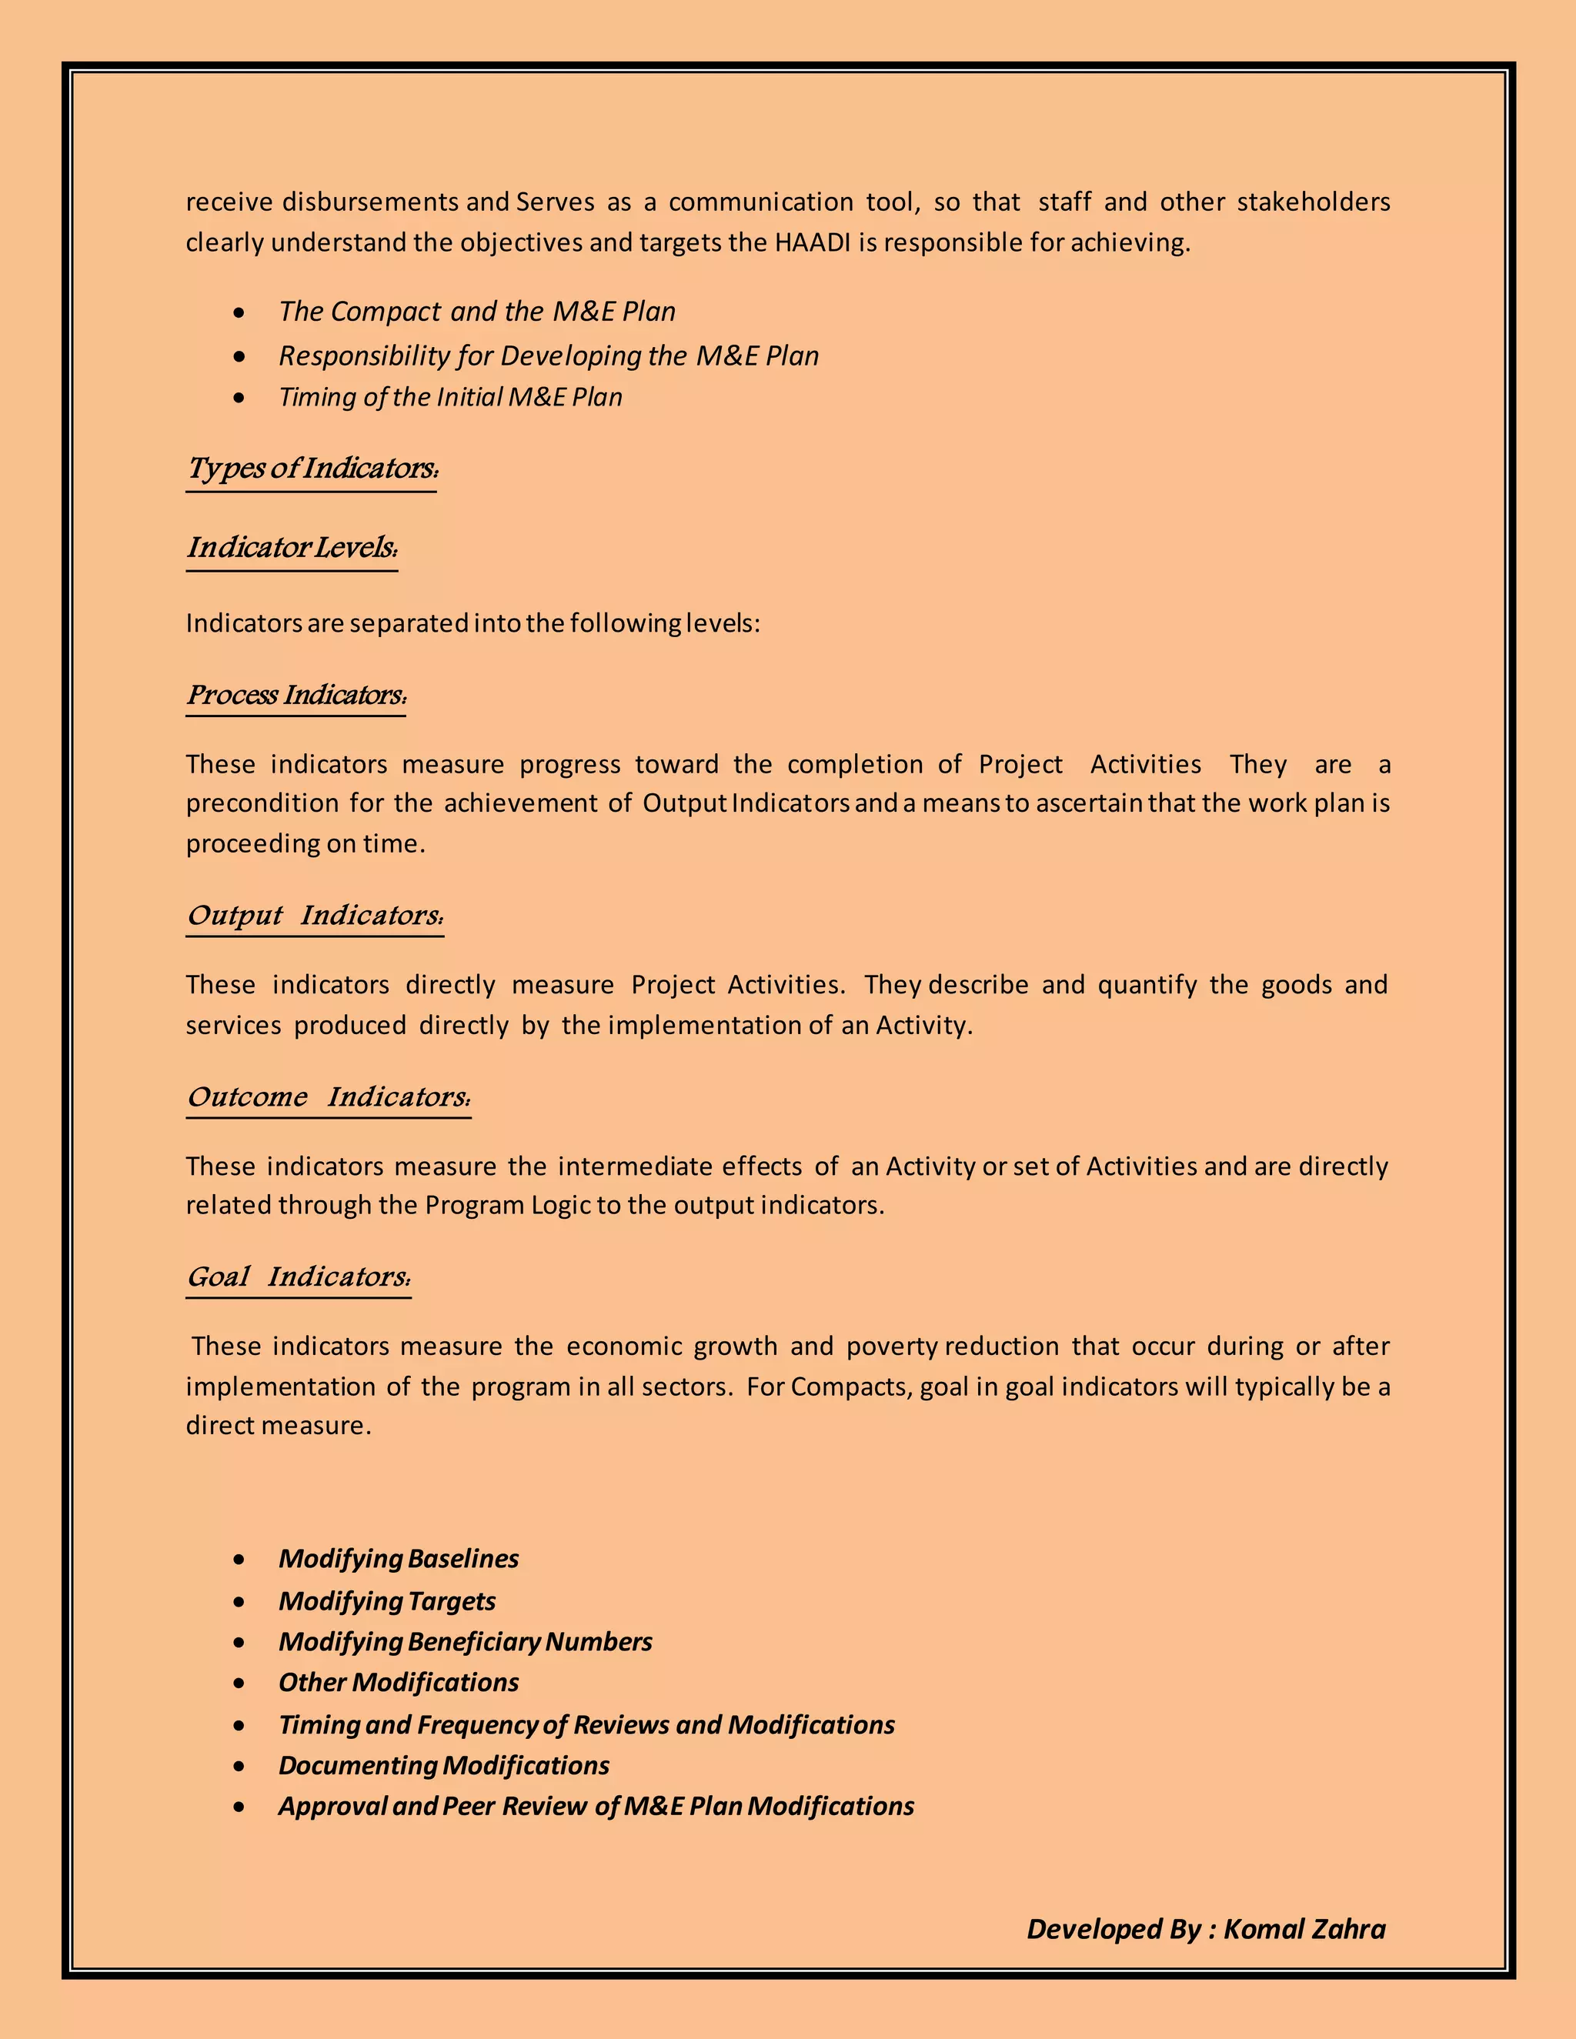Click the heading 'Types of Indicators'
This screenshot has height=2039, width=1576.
click(311, 468)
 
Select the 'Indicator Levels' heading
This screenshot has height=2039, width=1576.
click(292, 547)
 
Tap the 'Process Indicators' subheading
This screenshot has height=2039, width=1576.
click(295, 695)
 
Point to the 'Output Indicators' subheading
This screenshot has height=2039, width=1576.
click(315, 915)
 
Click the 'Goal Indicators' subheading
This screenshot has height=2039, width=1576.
click(298, 1276)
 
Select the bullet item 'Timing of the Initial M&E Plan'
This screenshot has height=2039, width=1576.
click(450, 398)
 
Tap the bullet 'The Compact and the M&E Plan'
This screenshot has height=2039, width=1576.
click(476, 312)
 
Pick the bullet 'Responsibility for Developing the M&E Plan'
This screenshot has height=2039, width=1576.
click(548, 355)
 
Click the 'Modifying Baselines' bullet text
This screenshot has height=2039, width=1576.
click(398, 1558)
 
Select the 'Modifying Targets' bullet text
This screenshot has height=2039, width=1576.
click(386, 1600)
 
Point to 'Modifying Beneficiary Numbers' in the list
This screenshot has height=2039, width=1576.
click(465, 1641)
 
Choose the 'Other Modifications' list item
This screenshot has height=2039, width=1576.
click(398, 1682)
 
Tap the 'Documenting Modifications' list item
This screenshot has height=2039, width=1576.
click(443, 1765)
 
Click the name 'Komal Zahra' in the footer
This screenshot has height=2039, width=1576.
click(1304, 1929)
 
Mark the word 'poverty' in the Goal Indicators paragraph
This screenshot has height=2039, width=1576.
click(890, 1347)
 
